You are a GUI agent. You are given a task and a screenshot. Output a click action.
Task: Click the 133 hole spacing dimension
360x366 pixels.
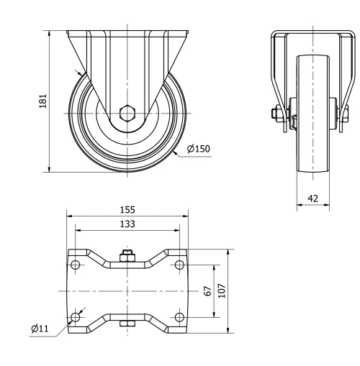(127, 224)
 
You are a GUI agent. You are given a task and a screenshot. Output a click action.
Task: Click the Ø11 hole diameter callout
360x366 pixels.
(40, 329)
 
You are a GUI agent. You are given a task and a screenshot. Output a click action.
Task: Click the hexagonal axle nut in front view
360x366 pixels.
(127, 113)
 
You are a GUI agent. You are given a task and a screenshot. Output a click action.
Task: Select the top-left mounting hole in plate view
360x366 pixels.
(76, 265)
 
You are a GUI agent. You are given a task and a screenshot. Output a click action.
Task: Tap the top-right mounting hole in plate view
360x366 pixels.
(179, 265)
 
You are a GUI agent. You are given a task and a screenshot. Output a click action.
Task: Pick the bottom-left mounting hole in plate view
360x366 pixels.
(76, 317)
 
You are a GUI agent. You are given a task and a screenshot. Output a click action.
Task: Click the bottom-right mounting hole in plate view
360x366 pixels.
(179, 317)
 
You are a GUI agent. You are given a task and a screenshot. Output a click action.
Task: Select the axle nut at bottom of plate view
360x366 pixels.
(127, 327)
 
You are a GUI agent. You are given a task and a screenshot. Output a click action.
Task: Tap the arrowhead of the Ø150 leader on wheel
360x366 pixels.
(174, 152)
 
